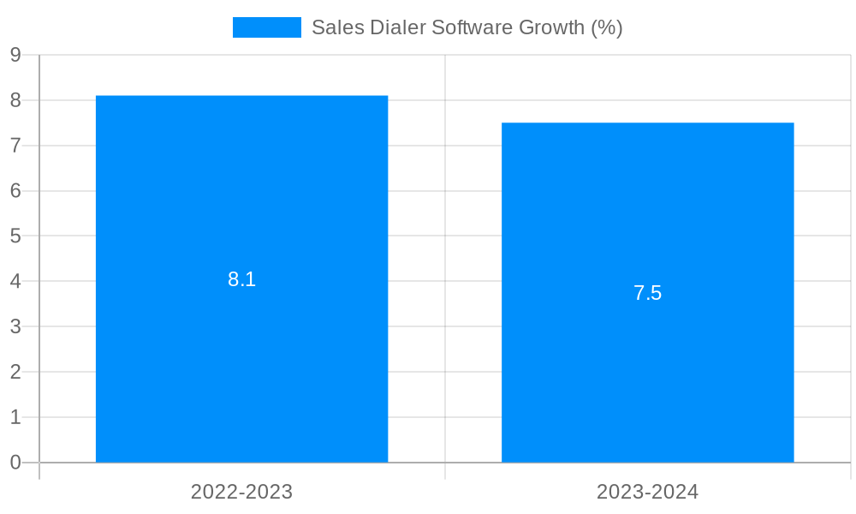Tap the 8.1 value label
coord(241,279)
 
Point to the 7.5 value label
coord(647,293)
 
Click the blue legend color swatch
coord(266,27)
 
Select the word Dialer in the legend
coord(397,27)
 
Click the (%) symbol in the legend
coord(607,27)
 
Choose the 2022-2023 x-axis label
coord(241,492)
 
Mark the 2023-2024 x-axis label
coord(647,492)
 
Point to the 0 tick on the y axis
coord(15,463)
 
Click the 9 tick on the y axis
coord(15,55)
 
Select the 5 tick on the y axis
coord(15,236)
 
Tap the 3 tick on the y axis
coord(15,326)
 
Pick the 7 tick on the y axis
coord(15,146)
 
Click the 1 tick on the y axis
coord(15,417)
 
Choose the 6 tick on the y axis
coord(15,191)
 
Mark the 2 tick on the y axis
coord(15,372)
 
